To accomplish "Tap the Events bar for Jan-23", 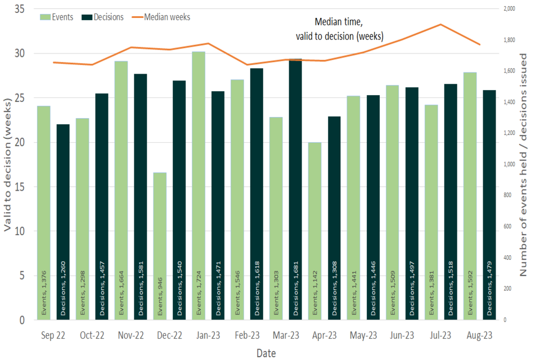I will tap(199, 186).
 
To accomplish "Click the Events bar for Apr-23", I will tap(315, 231).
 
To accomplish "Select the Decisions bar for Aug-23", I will tap(489, 205).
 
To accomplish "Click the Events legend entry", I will tap(57, 17).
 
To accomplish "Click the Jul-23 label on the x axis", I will tap(440, 336).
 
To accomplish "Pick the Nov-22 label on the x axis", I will tap(130, 336).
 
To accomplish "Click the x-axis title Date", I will tap(266, 353).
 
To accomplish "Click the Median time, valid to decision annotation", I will tap(340, 30).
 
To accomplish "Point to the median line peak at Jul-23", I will tap(440, 24).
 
